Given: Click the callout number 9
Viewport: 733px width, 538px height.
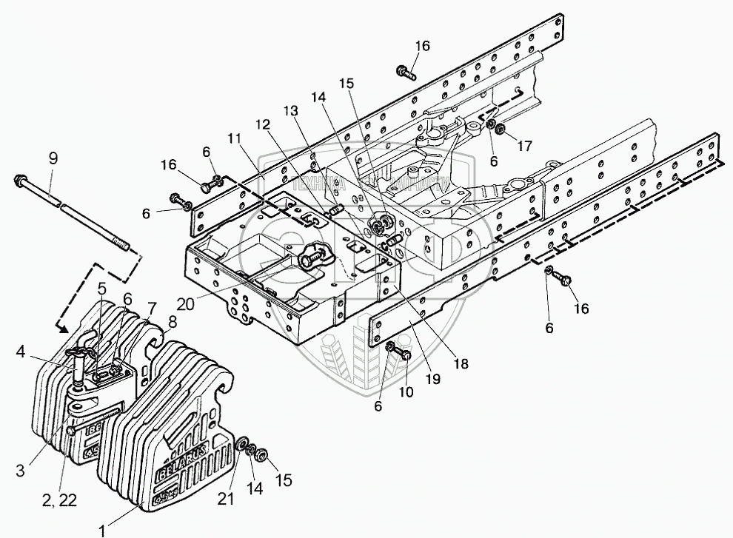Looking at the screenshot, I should (x=52, y=158).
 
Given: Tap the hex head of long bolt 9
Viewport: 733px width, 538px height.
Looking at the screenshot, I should (x=20, y=181).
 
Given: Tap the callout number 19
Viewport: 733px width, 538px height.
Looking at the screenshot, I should (x=432, y=379).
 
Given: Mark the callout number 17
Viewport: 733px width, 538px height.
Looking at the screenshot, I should (x=524, y=146).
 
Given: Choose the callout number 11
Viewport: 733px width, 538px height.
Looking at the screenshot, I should (x=235, y=138).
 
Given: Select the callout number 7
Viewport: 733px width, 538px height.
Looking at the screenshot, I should (x=152, y=307).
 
